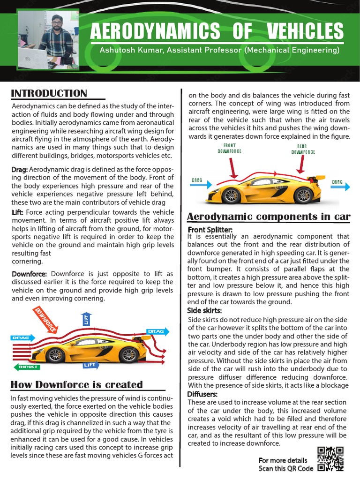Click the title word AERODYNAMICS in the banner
tap(154, 32)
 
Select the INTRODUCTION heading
tap(49, 93)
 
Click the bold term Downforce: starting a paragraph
tap(29, 274)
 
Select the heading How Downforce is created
tap(76, 385)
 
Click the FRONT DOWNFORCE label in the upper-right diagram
tap(229, 149)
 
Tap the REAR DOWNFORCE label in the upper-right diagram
tap(303, 149)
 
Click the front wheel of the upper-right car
tap(231, 195)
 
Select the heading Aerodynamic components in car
tap(269, 217)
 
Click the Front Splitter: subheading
tap(210, 229)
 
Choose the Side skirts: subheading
tap(204, 311)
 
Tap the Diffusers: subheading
tap(202, 394)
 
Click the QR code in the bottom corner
tap(330, 458)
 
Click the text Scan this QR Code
tap(285, 468)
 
